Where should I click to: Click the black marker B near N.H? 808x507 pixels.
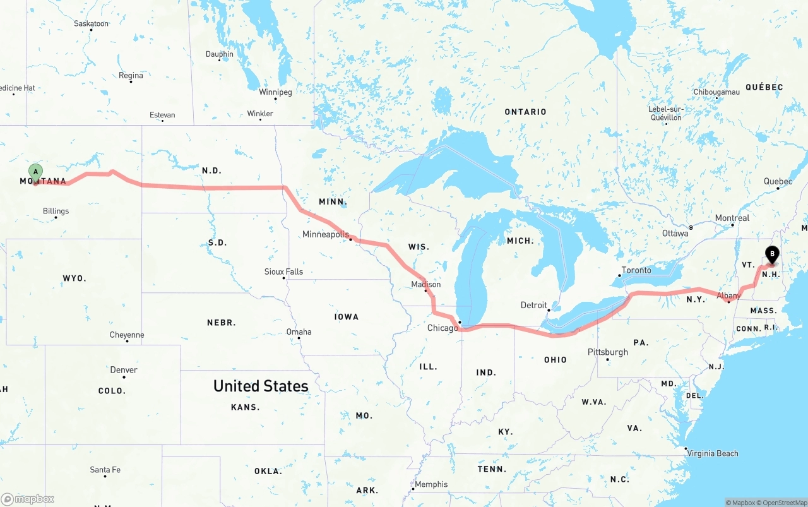tap(771, 254)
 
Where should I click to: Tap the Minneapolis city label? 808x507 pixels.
tap(325, 234)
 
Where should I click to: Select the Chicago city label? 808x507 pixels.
tap(443, 328)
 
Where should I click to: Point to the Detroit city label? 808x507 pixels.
tap(533, 305)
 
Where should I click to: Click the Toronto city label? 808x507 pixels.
tap(636, 270)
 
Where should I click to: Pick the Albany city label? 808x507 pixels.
tap(728, 295)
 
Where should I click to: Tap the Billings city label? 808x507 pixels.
tap(56, 211)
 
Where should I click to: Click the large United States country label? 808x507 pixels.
tap(261, 386)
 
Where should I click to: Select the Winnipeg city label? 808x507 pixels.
tap(275, 92)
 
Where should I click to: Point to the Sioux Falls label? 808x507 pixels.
tap(283, 271)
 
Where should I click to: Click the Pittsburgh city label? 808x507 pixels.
tap(607, 352)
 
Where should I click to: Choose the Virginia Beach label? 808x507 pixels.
tap(712, 453)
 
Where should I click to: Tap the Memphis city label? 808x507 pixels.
tap(431, 484)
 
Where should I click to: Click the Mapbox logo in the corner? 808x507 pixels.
tap(28, 499)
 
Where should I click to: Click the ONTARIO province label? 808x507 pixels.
tap(525, 112)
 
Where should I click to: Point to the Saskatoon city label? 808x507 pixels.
tap(92, 23)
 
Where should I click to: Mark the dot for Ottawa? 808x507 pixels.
tap(691, 227)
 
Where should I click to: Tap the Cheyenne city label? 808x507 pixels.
tap(127, 335)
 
